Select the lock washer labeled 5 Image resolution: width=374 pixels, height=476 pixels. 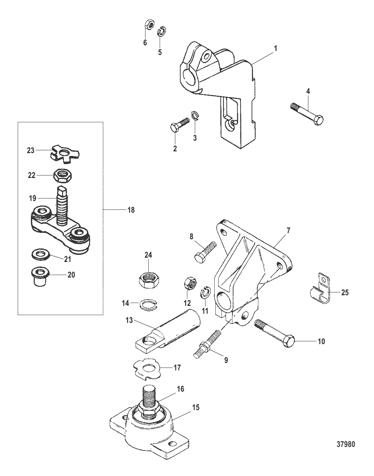162,32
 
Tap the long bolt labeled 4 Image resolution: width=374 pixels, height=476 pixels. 307,114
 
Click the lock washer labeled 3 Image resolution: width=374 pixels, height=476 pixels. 195,116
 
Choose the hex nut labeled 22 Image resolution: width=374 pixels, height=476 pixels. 63,175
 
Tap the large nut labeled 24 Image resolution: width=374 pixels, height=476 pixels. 149,281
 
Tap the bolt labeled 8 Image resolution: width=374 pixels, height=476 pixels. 205,252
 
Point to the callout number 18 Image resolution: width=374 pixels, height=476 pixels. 131,210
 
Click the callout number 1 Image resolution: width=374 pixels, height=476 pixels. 276,49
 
